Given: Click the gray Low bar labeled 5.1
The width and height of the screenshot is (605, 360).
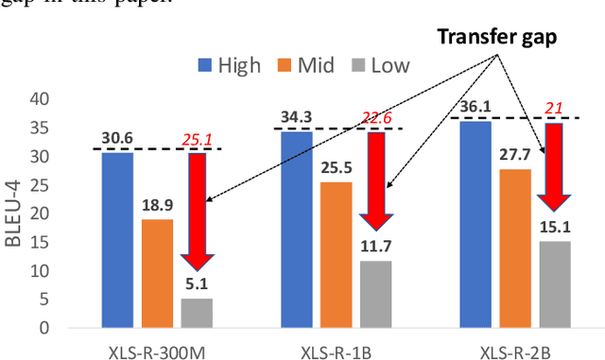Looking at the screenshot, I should pos(197,313).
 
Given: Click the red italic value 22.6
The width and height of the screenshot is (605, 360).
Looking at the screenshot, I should pos(376,117).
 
